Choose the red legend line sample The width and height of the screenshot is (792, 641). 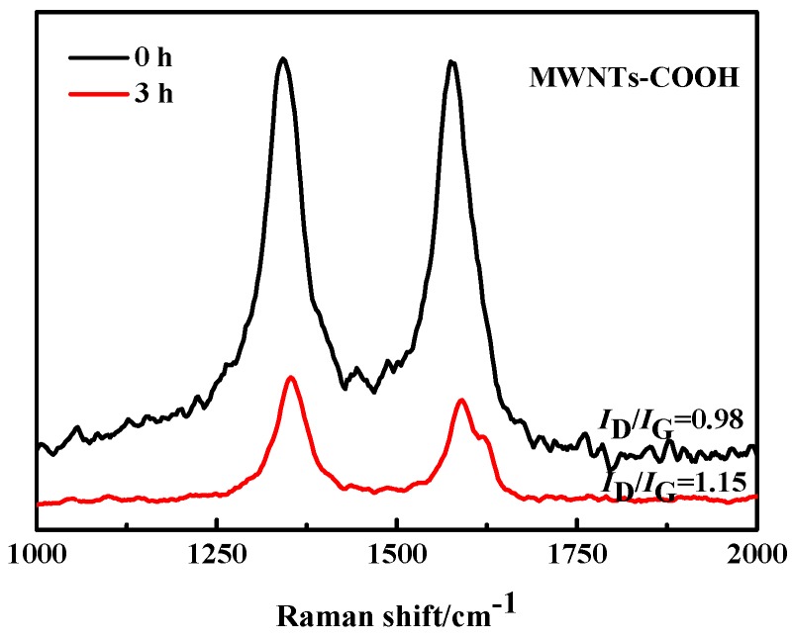(x=92, y=94)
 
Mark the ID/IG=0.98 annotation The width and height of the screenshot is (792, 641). (x=677, y=421)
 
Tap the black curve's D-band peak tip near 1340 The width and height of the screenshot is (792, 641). (x=283, y=58)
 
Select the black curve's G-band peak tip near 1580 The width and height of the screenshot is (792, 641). (x=451, y=61)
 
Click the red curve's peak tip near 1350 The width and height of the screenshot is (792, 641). (x=291, y=377)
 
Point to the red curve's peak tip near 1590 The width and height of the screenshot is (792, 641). (x=462, y=400)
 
